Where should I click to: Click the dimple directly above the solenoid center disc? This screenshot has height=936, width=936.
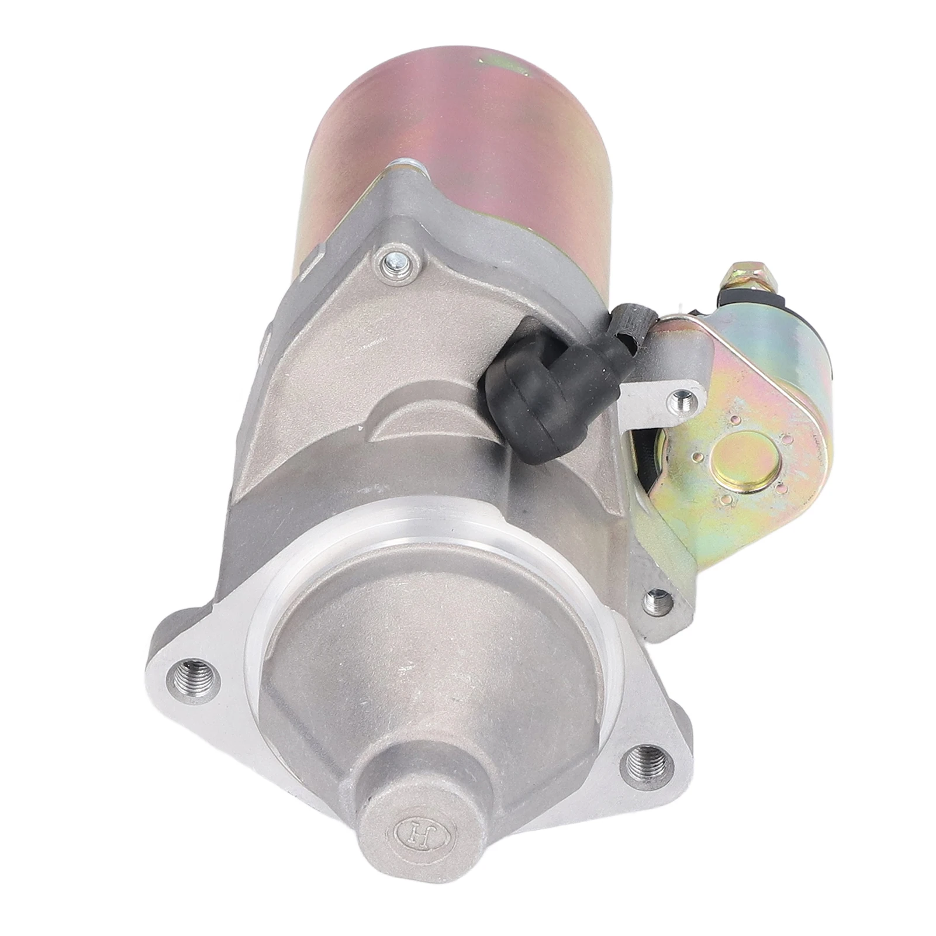[732, 419]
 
